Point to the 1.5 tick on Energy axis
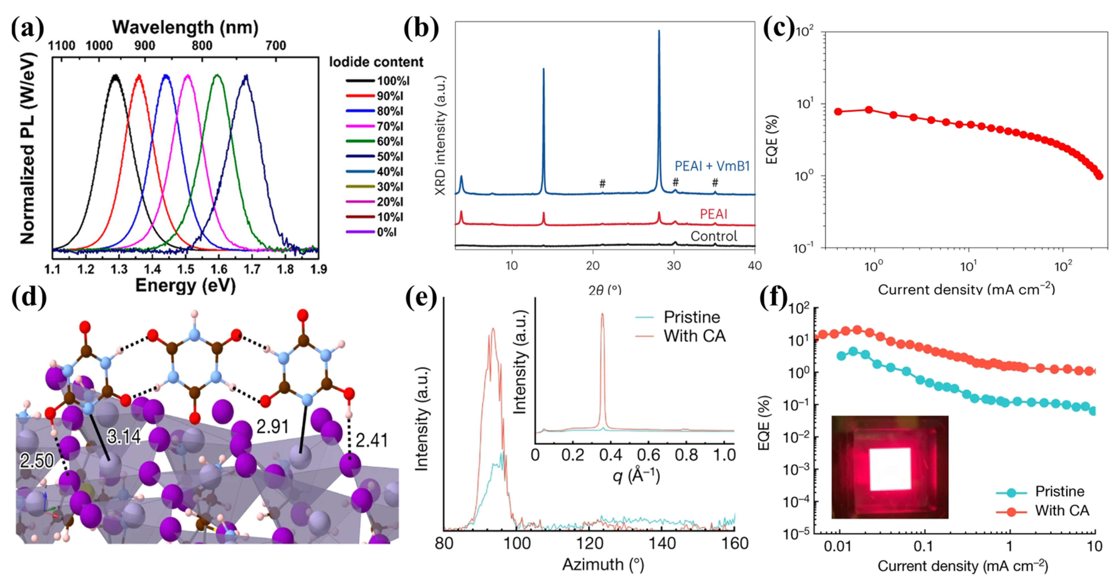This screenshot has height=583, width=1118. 186,269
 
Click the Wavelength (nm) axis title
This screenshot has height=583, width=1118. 185,27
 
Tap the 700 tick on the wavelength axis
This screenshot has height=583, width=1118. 276,46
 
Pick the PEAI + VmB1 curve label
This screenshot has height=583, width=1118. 712,166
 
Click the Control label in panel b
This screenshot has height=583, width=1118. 714,236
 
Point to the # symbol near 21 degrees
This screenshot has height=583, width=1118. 602,183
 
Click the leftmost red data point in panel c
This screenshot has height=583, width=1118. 838,111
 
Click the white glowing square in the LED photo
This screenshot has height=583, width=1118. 890,469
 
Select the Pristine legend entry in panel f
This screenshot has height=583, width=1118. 1059,491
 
